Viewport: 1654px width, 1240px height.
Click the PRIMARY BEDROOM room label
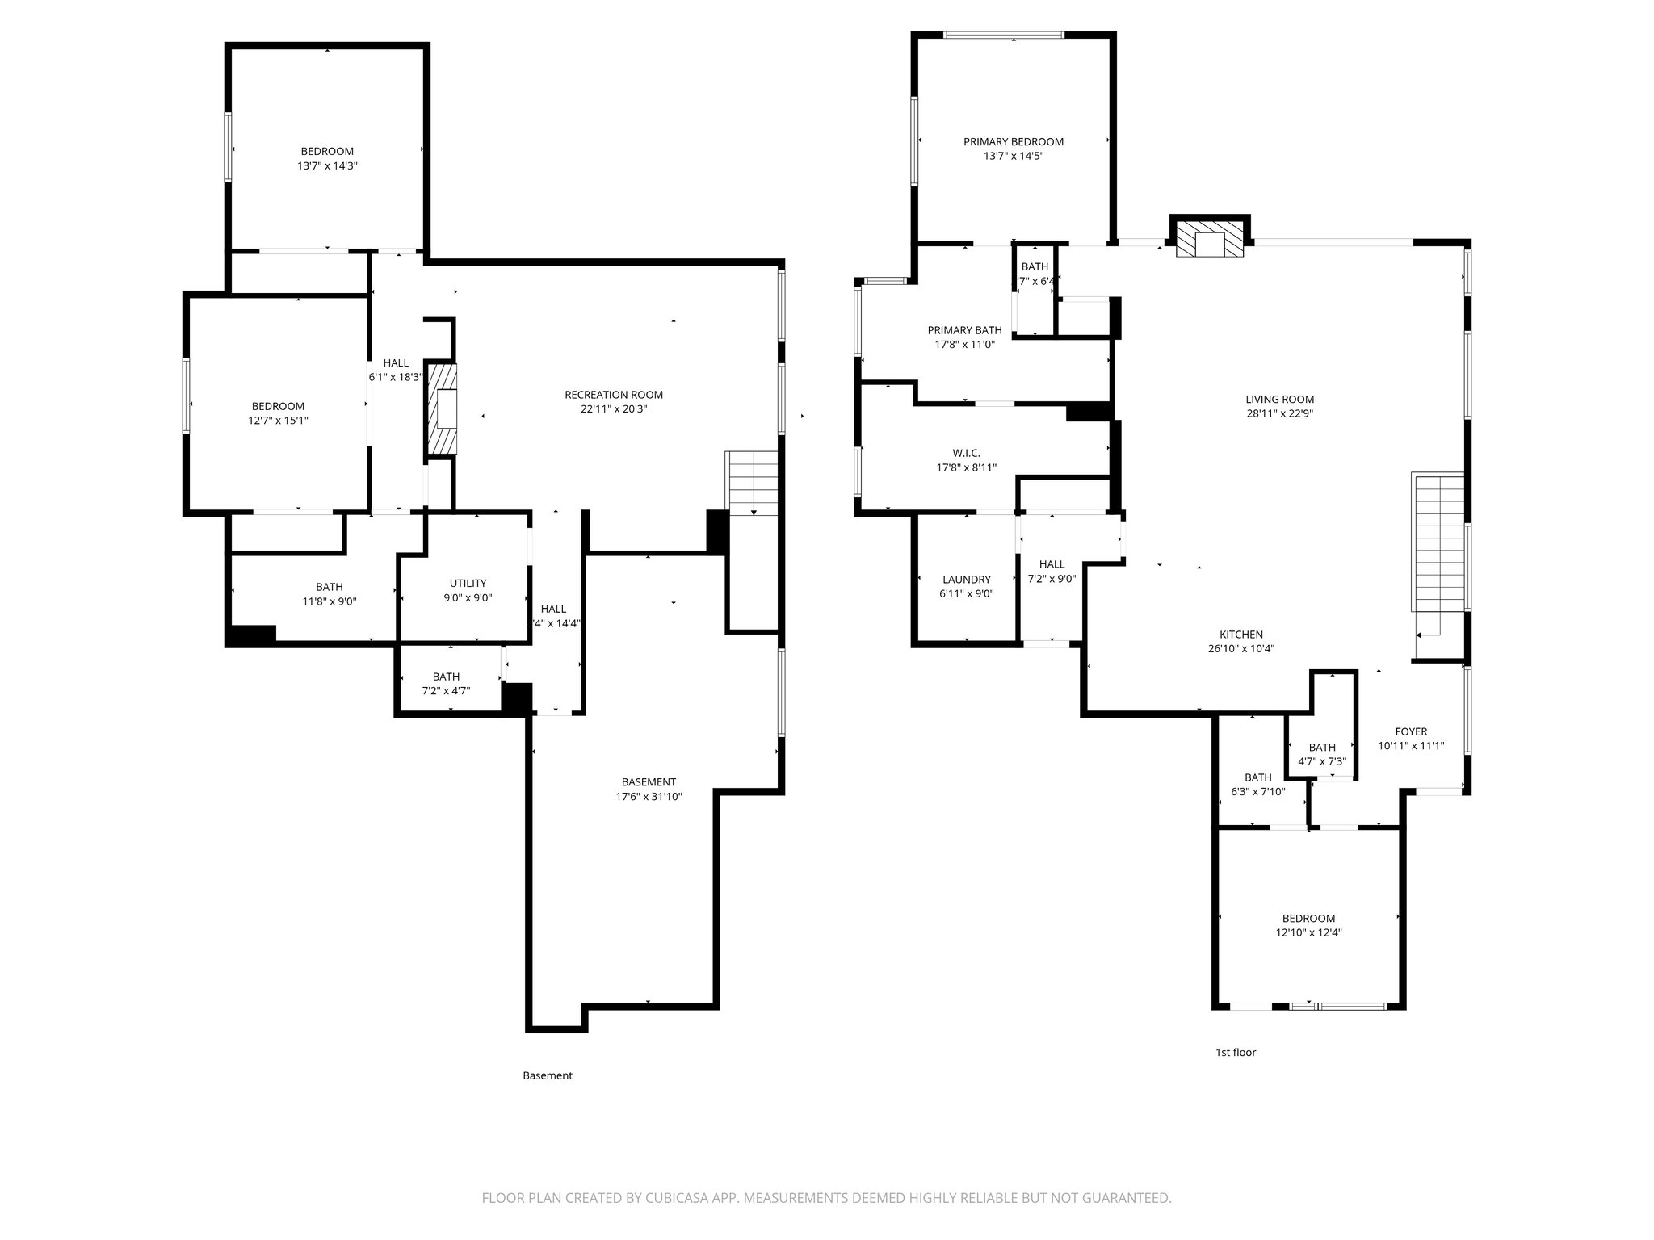(1013, 142)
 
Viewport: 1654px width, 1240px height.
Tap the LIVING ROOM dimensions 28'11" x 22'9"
(1279, 413)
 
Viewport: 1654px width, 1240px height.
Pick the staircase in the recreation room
(753, 483)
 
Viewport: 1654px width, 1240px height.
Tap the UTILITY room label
(468, 584)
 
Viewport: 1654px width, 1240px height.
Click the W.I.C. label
(966, 454)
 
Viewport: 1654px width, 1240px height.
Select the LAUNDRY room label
(966, 580)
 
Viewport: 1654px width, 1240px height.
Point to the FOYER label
(1411, 732)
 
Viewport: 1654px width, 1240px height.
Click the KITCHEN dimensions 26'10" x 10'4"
(1240, 648)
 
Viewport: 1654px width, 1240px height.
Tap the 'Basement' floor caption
(547, 1075)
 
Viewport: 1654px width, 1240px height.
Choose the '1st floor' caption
(1236, 1052)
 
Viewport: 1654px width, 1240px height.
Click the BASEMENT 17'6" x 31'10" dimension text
(649, 797)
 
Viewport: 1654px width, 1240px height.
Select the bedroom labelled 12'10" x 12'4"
(1308, 925)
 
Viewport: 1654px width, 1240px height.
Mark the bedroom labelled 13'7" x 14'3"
(327, 158)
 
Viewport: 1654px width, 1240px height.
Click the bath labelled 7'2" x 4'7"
(446, 684)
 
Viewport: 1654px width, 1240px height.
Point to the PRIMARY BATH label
(964, 330)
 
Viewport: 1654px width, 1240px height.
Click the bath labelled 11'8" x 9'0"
(329, 594)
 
